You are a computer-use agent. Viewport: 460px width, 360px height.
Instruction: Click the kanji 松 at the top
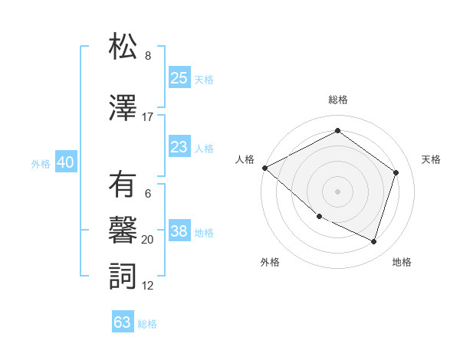tap(123, 47)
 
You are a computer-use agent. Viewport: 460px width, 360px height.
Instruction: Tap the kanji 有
tap(123, 186)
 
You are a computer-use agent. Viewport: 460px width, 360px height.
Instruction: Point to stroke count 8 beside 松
tap(148, 56)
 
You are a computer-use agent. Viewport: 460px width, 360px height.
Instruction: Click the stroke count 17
tap(148, 117)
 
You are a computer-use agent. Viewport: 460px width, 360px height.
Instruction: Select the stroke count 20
tap(148, 240)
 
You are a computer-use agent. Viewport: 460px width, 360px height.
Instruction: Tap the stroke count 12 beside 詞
tap(148, 286)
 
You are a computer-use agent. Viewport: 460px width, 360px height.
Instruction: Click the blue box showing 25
tap(179, 77)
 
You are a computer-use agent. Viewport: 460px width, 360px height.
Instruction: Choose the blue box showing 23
tap(179, 146)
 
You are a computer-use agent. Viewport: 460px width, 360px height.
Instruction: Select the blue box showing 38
tap(179, 231)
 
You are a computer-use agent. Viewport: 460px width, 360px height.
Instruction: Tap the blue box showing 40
tap(65, 162)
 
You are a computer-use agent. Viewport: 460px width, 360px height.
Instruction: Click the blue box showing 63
tap(123, 322)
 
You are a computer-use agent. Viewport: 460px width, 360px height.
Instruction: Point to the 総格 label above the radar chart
tap(337, 100)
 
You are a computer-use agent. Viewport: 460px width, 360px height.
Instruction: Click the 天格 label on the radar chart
tap(431, 159)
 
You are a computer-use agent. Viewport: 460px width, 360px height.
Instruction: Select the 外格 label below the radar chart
tap(270, 263)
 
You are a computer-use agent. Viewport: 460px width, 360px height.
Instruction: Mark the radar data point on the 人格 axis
tap(264, 168)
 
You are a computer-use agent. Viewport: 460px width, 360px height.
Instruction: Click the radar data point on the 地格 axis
tap(373, 242)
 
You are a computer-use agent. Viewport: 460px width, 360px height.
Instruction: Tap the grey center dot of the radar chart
tap(337, 191)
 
